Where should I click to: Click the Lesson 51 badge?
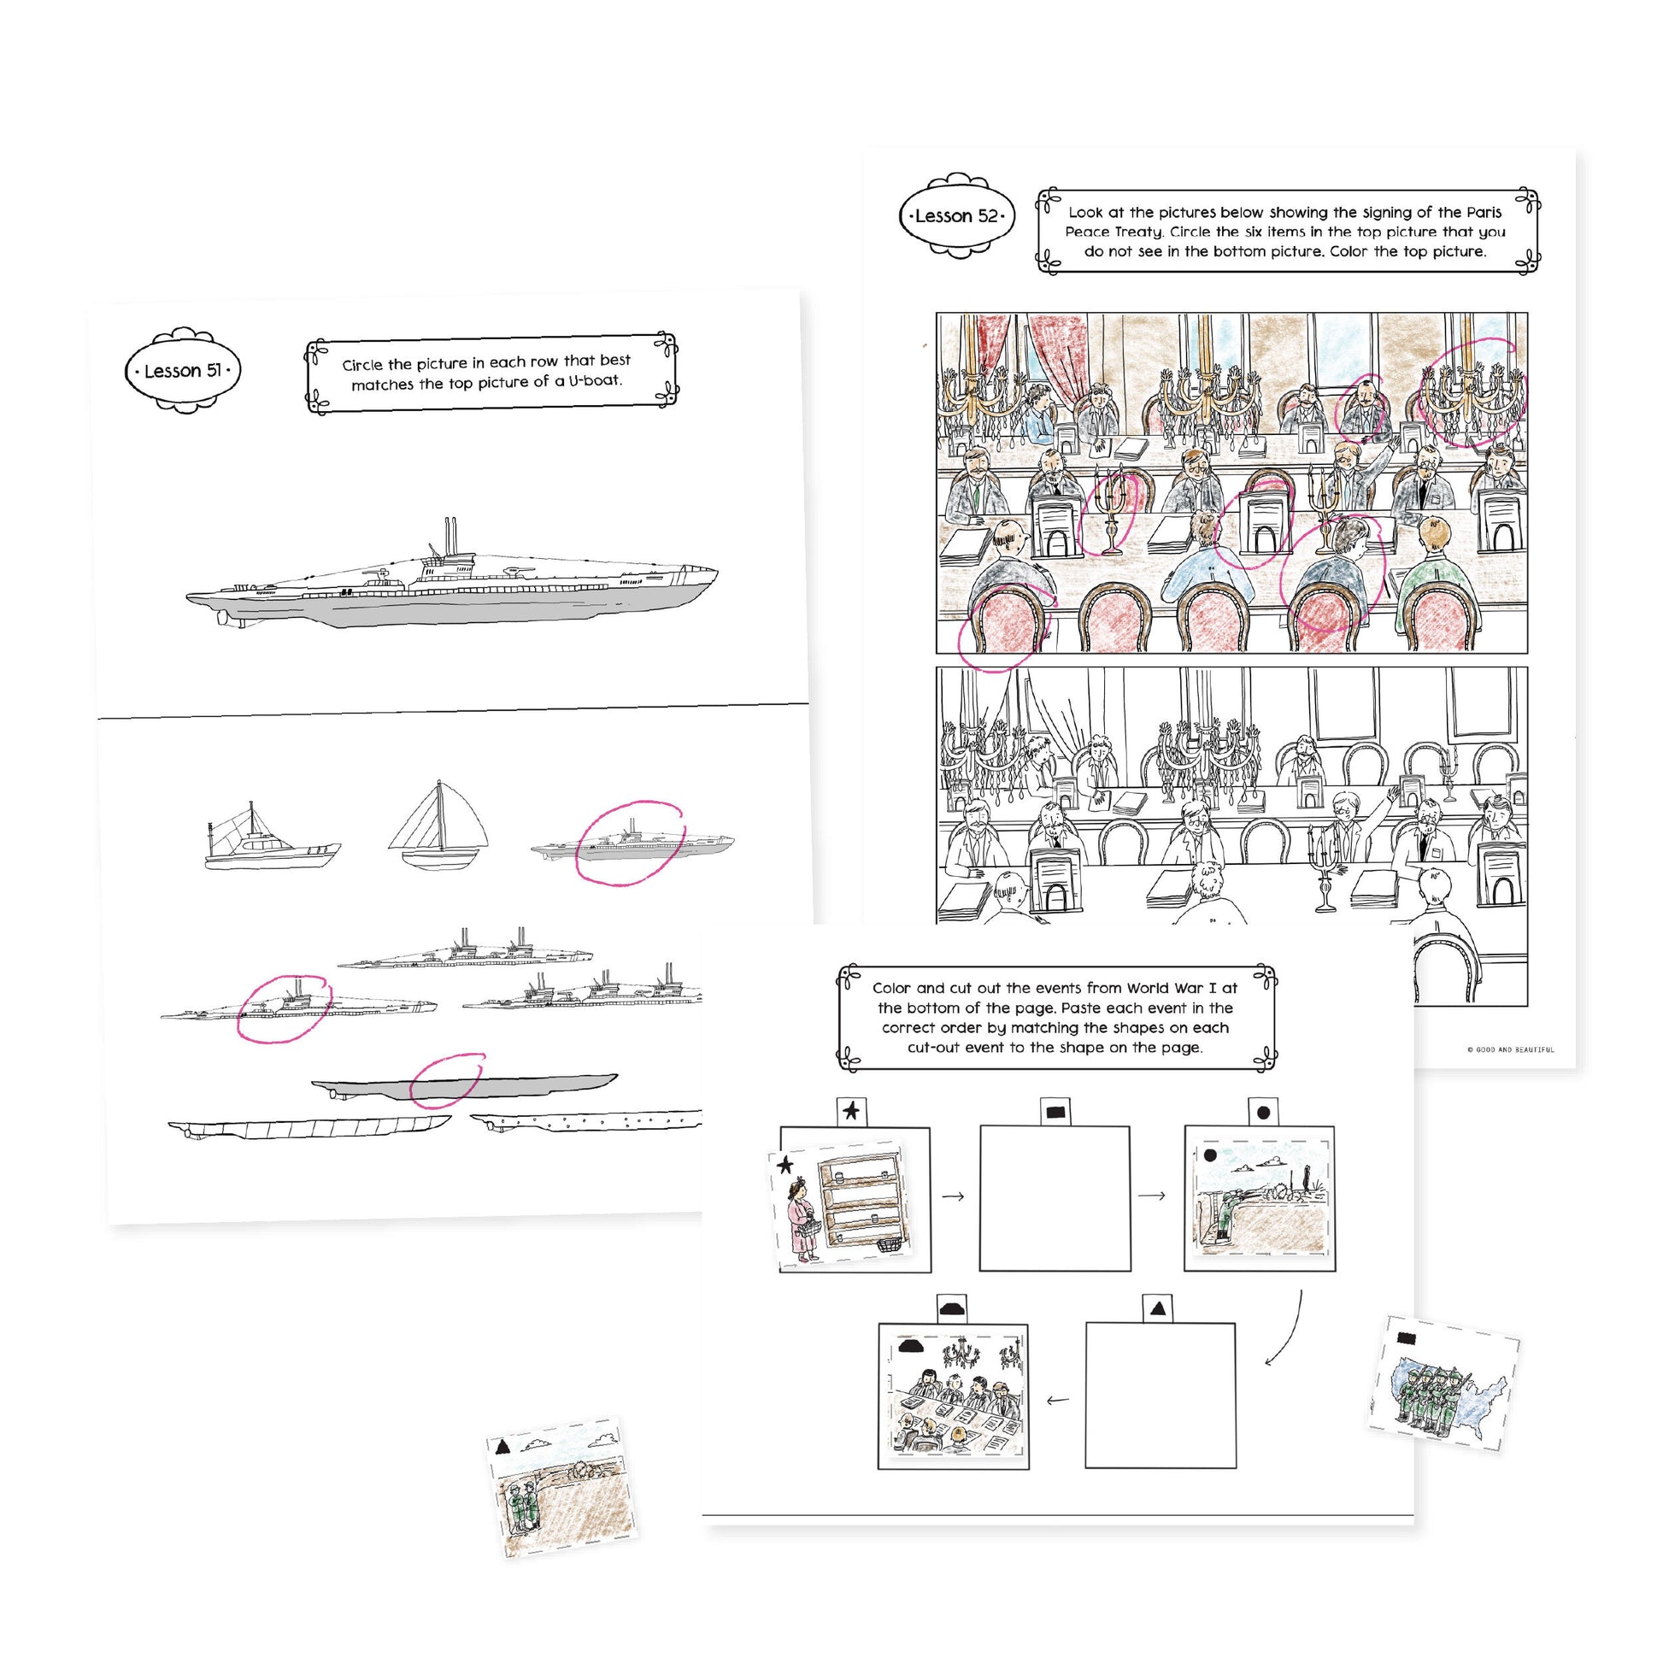(x=183, y=370)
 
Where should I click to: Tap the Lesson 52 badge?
(x=956, y=215)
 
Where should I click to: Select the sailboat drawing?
(x=438, y=826)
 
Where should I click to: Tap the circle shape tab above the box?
(x=1263, y=1112)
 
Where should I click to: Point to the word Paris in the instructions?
(x=1483, y=212)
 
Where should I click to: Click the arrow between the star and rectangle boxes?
(x=954, y=1196)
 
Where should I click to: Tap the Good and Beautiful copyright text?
(x=1511, y=1049)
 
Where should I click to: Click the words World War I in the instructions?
(x=1165, y=987)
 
